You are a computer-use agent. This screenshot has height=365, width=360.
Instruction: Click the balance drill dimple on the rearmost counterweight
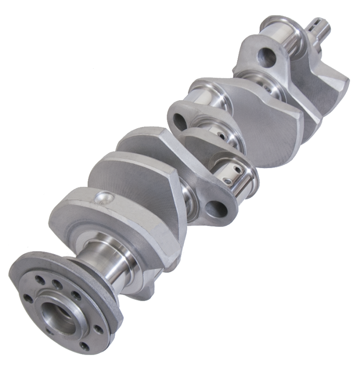click(x=102, y=198)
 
